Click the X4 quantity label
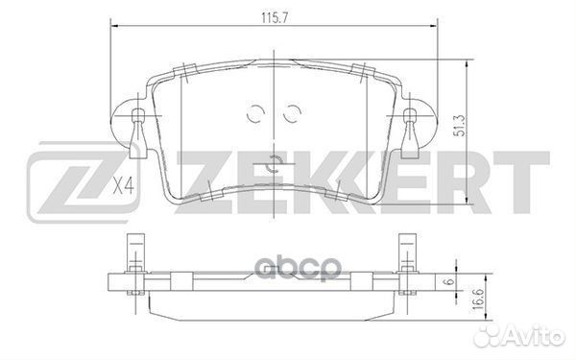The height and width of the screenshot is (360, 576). [x=123, y=185]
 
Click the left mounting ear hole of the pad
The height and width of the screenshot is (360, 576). [x=138, y=120]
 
